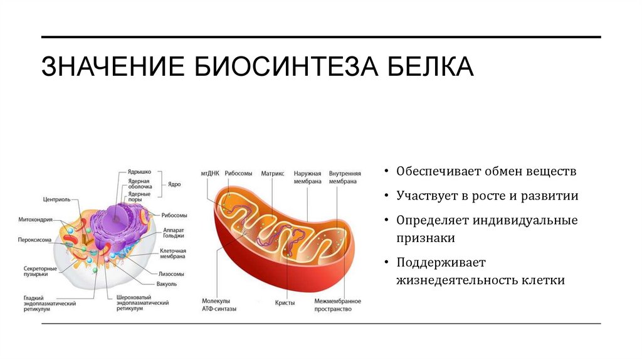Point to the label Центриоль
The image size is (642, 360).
coord(56,200)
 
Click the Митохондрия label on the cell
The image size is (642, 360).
coord(35,220)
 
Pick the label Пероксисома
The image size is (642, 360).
coord(34,239)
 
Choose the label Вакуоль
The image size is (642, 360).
coord(167,283)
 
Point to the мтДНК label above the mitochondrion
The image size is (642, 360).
coord(209,173)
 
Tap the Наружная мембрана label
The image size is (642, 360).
coord(308,177)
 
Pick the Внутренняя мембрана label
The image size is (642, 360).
coord(343,177)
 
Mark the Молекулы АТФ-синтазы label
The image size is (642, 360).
coord(217,305)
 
